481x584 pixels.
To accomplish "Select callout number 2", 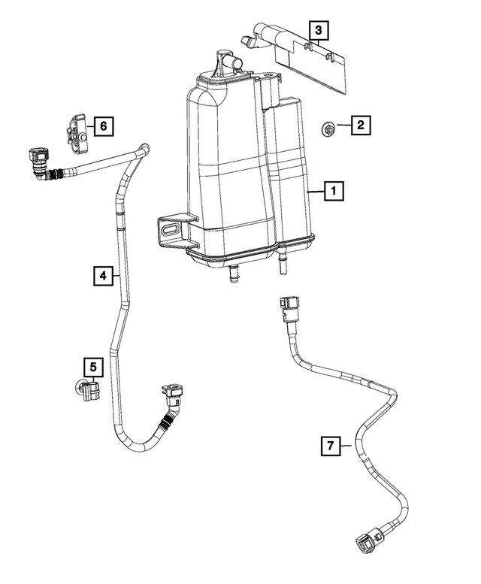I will tap(361, 126).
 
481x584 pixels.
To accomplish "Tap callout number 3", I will tap(319, 31).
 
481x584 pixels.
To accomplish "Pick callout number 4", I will tap(104, 277).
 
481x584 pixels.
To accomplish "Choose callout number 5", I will tap(92, 367).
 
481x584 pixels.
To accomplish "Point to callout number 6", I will tap(104, 126).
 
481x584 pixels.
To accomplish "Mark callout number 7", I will tap(329, 446).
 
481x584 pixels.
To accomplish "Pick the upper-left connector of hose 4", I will tap(38, 162).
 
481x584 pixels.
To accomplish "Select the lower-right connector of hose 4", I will tap(172, 395).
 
